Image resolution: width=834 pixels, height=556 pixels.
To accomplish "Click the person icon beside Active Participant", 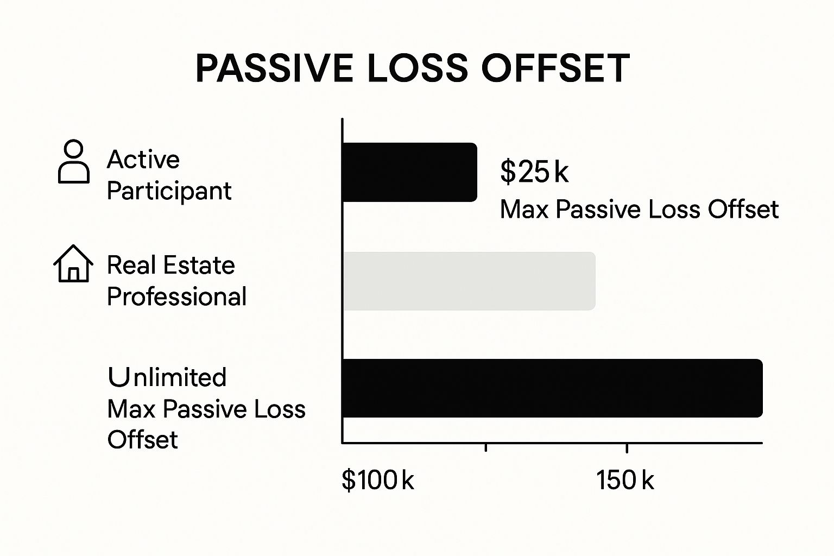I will pos(73,162).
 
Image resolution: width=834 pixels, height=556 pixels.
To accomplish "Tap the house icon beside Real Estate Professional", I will pos(73,263).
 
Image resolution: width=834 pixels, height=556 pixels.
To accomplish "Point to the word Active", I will pos(143,160).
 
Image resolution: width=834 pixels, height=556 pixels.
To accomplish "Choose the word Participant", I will pos(169,191).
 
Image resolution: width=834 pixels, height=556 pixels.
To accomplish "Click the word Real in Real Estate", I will pos(130,266).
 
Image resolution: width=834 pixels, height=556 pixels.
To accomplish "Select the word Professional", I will pos(176,297).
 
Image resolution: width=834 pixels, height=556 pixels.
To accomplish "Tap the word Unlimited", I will pos(167,377).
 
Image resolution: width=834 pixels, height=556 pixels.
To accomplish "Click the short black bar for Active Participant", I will pos(409,172).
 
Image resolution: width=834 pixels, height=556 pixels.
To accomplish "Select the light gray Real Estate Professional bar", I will pos(469,281).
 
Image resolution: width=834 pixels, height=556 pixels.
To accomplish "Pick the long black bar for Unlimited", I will pos(552,388).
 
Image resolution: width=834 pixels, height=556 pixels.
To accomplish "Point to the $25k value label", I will pos(534,172).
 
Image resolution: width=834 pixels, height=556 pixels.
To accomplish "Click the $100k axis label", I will pos(377,481).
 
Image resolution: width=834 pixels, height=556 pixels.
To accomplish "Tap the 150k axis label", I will pos(625,481).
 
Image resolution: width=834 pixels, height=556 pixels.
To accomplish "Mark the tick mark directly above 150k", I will pos(627,447).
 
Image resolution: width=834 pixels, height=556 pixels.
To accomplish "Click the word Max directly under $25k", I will pos(525,210).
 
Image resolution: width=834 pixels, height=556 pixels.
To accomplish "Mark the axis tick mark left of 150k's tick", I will pos(486,447).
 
